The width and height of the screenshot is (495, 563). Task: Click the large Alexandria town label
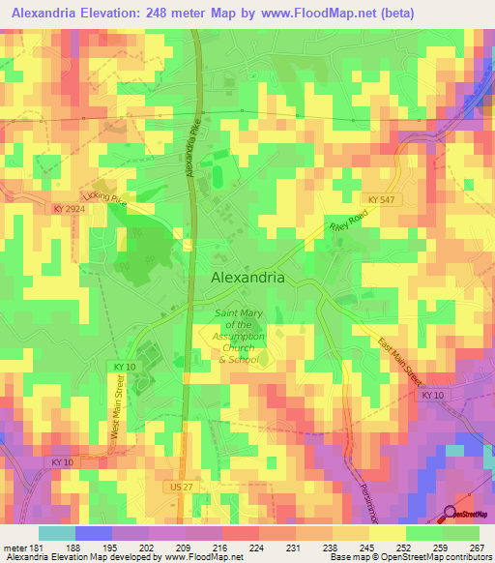(247, 276)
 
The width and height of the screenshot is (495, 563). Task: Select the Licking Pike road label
(104, 198)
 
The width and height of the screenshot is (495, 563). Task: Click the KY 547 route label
(383, 198)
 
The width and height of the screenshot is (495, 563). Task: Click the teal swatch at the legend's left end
(56, 533)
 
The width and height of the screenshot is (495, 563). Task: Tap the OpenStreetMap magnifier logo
(451, 514)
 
